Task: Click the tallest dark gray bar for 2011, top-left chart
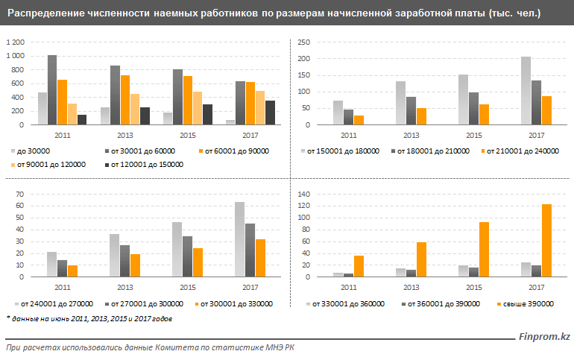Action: pyautogui.click(x=52, y=90)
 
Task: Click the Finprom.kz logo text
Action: pyautogui.click(x=543, y=338)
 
